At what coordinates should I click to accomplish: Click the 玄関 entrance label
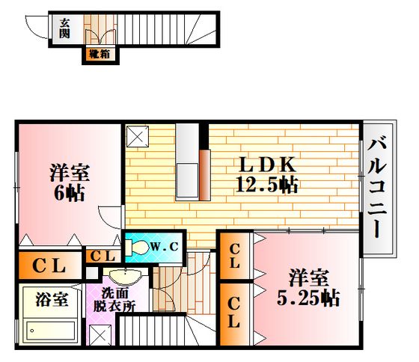point(64,28)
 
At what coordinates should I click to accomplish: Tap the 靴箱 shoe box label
point(100,55)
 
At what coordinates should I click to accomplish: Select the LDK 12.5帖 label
point(267,175)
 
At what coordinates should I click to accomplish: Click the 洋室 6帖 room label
point(70,183)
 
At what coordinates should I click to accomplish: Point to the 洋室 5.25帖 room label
point(308,288)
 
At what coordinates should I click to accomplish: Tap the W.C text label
point(164,247)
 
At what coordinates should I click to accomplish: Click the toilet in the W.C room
point(138,247)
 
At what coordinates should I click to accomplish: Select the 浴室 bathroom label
point(52,299)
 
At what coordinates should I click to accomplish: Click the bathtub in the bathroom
point(50,331)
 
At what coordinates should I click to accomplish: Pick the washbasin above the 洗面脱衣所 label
point(126,277)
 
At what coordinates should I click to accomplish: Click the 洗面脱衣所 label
point(114,300)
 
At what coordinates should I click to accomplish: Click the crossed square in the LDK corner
point(138,137)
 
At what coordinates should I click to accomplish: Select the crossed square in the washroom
point(100,335)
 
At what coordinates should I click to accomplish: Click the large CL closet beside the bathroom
point(50,266)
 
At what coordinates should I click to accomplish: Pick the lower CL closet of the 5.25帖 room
point(234,313)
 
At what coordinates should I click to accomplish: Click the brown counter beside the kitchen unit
point(205,175)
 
